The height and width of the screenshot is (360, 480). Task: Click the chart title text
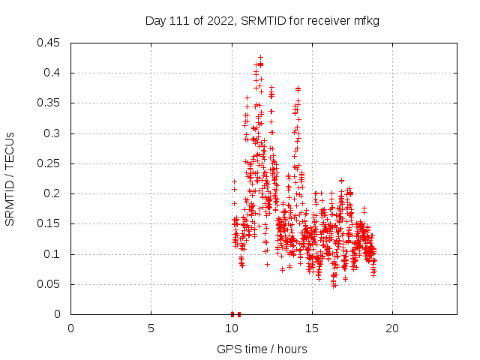[262, 21]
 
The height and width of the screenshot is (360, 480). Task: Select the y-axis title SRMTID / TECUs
[10, 178]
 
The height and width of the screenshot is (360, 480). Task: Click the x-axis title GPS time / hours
[262, 349]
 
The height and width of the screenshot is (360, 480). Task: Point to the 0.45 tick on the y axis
[51, 43]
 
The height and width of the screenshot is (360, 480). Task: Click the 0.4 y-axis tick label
[54, 73]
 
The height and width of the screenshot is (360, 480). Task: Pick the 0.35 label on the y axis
[51, 103]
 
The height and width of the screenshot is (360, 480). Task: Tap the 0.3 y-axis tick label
[54, 133]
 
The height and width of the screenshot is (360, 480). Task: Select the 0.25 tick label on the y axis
[51, 163]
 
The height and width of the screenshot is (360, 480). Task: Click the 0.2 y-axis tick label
[54, 193]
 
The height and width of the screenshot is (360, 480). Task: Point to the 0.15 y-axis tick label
[51, 223]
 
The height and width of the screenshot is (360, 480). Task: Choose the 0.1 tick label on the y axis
[54, 254]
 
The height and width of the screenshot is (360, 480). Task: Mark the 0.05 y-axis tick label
[51, 284]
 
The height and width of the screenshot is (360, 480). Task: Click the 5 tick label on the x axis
[151, 328]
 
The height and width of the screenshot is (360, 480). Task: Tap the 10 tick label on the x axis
[231, 328]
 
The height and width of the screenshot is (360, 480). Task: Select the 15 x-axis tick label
[311, 328]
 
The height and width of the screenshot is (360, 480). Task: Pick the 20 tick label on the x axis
[391, 328]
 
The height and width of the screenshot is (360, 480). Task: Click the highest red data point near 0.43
[260, 57]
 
